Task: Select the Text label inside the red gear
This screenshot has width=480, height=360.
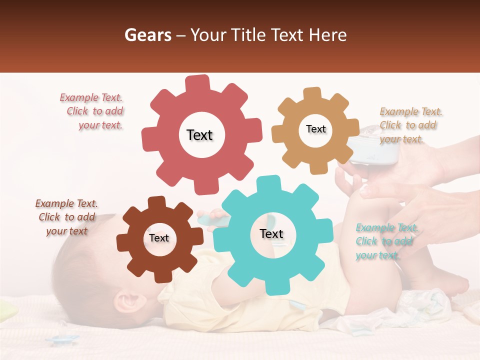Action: click(199, 135)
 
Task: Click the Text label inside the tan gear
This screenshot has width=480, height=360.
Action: click(315, 129)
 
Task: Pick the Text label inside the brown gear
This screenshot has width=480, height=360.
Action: click(159, 238)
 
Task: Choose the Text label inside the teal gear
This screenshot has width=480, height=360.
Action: click(271, 233)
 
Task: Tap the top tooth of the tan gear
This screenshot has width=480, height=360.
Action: click(312, 94)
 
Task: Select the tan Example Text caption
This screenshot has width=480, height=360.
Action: click(409, 125)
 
